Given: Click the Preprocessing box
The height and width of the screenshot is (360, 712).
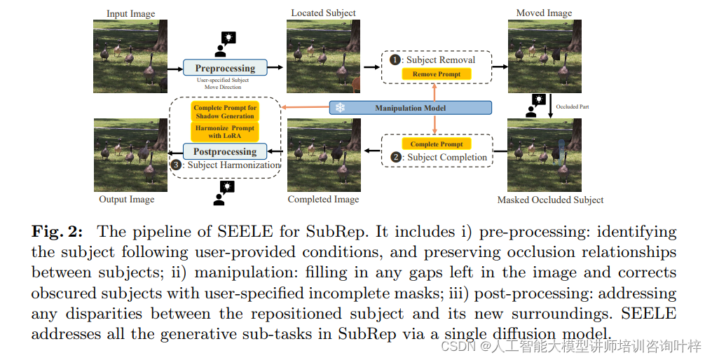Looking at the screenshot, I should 225,68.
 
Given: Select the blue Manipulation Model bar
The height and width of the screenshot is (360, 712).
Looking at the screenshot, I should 410,108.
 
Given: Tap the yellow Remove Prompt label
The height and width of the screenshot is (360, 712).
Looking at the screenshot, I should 436,74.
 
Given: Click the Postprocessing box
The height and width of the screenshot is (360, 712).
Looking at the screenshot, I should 225,151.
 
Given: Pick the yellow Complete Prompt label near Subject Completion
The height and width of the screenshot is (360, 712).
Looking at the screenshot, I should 436,144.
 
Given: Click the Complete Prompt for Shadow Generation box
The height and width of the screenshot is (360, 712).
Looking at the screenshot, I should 225,112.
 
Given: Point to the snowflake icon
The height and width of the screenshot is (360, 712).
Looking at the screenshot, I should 340,108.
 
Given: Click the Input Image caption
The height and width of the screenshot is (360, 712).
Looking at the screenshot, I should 130,13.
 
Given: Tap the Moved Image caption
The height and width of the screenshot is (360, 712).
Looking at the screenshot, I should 544,13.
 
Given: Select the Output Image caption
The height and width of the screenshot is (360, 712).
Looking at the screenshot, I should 127,200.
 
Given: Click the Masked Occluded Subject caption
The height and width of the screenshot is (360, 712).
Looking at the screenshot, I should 550,200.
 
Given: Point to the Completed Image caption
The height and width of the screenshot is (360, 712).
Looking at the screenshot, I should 323,200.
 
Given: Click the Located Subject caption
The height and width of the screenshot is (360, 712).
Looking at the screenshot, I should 323,13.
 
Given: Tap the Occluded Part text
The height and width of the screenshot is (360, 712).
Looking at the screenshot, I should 573,107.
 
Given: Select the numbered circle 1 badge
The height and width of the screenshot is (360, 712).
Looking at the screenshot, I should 395,60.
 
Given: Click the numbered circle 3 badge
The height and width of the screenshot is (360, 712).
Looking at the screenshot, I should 176,165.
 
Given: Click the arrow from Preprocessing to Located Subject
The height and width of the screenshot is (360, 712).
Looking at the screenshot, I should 278,67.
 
